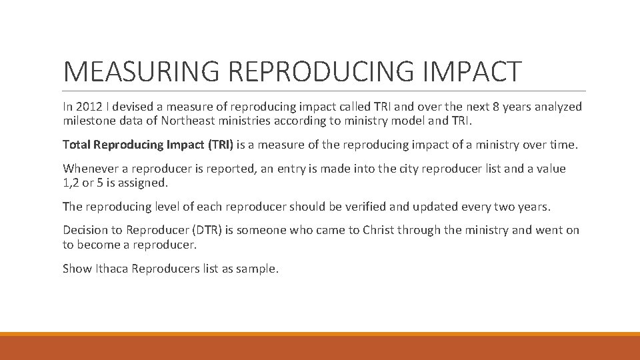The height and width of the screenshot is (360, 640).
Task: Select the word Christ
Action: [381, 231]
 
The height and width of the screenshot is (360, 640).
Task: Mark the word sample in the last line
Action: [257, 269]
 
